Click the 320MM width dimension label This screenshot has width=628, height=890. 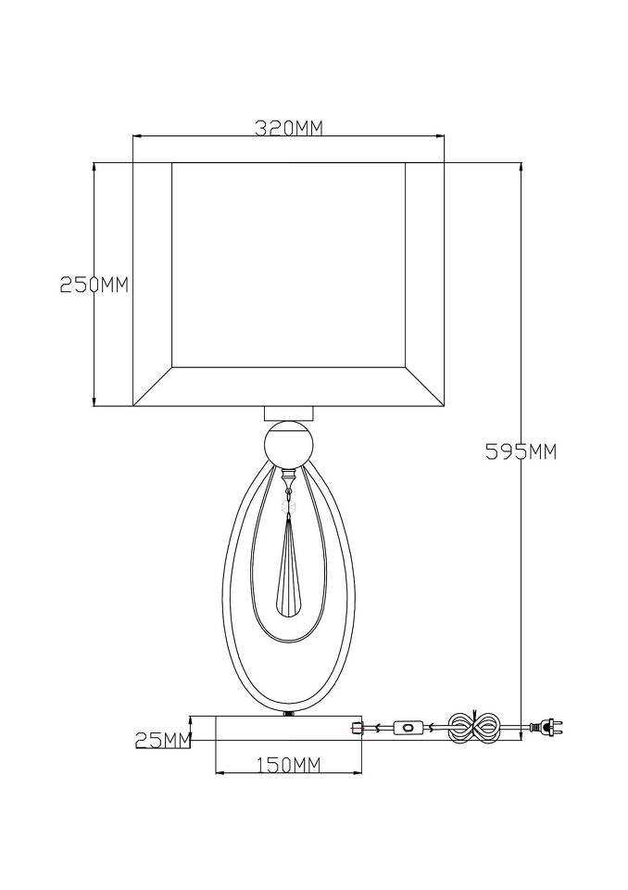click(x=288, y=129)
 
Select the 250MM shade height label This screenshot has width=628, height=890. click(x=94, y=285)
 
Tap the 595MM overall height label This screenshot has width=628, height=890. click(x=521, y=451)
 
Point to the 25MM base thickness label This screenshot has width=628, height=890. click(x=162, y=740)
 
